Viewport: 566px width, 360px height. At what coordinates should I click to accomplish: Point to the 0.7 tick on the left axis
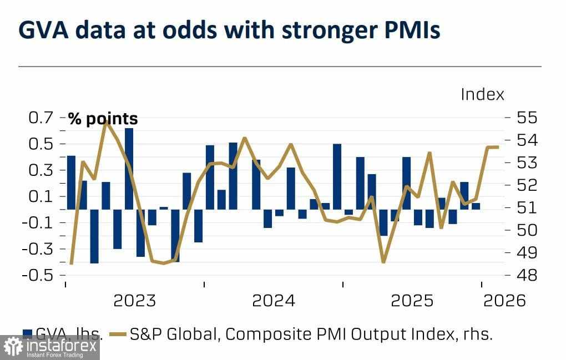41,118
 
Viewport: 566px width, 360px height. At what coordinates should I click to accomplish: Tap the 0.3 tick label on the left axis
41,170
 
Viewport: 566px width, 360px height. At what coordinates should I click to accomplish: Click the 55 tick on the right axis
526,118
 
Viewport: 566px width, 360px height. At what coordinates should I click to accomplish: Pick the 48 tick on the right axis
526,275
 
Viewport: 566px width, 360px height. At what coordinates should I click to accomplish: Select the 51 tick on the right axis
526,207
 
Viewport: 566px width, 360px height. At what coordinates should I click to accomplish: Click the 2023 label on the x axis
134,301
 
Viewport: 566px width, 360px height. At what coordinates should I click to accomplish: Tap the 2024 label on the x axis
273,301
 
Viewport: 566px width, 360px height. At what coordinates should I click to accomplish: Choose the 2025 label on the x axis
412,301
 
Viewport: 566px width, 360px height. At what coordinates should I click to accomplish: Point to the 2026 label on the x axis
504,301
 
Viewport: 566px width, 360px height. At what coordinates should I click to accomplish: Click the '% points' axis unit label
103,119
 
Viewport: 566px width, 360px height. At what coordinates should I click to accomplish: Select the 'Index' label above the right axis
482,94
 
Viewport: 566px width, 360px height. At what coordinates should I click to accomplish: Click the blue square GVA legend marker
27,333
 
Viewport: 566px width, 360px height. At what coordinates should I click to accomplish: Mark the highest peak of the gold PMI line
106,120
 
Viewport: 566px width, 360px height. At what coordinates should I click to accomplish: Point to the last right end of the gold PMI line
498,147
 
